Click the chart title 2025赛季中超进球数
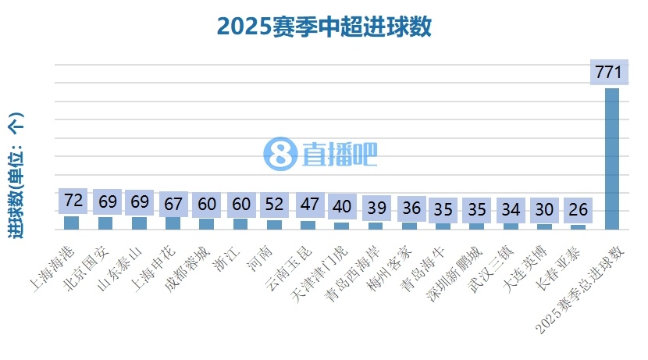click(x=324, y=27)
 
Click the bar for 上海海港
click(x=71, y=223)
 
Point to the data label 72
click(x=73, y=201)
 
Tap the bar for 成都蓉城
click(x=207, y=224)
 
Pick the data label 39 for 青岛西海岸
click(x=376, y=208)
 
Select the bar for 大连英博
click(x=544, y=226)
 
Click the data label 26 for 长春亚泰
click(x=579, y=210)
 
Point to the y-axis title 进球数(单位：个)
click(x=16, y=176)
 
